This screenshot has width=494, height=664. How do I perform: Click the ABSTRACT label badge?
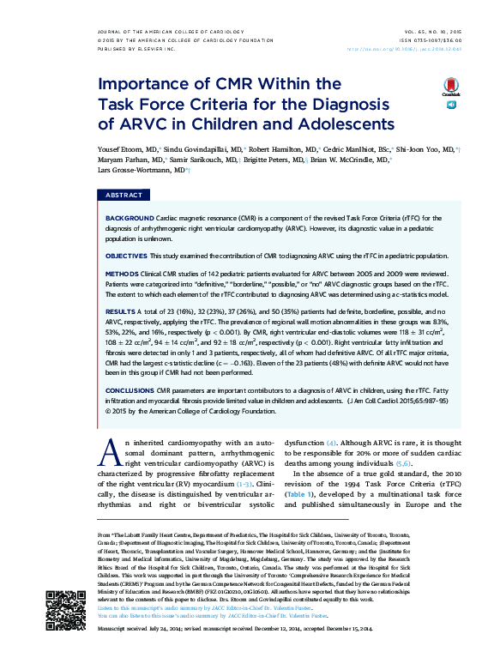(123, 196)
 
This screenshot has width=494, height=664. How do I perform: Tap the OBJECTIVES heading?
(125, 256)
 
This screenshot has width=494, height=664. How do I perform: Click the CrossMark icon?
(450, 88)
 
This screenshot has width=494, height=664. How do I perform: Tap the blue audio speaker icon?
(450, 105)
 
